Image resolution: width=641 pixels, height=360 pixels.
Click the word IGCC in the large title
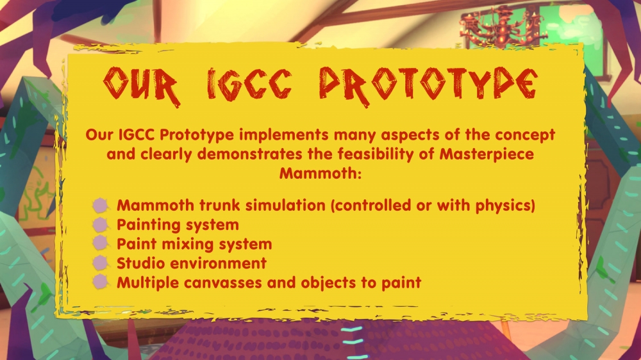coord(250,85)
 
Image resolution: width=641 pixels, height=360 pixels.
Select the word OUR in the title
coord(142,86)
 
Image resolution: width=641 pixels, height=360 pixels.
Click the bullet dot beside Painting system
coord(100,225)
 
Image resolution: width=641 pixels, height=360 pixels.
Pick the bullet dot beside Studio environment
coord(100,263)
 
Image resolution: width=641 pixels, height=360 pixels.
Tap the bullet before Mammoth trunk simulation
coord(100,206)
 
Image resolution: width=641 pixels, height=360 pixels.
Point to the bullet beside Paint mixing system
coord(100,243)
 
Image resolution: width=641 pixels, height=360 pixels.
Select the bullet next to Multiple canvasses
coord(100,282)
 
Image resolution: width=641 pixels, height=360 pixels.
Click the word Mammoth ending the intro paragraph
coord(320,173)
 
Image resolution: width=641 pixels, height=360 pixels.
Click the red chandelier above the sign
coord(503,26)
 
